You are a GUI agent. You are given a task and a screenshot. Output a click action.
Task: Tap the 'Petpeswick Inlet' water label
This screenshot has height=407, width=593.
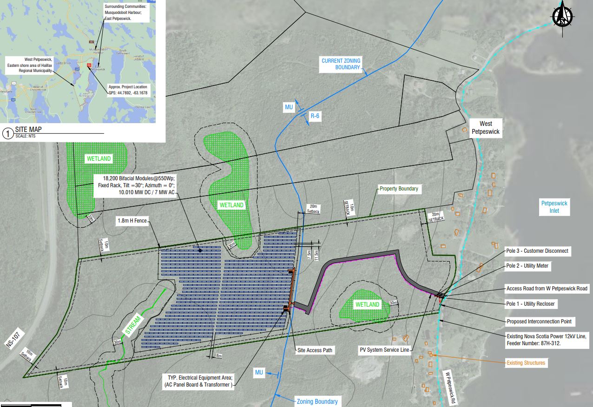(554, 207)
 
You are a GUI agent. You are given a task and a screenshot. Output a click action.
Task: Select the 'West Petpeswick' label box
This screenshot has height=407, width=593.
(486, 128)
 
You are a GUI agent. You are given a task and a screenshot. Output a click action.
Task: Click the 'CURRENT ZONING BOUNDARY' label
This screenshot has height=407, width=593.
(341, 64)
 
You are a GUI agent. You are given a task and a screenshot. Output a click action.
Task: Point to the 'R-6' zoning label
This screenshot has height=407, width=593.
(315, 116)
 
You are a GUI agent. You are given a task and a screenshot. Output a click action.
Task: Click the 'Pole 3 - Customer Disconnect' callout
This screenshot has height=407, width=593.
(537, 251)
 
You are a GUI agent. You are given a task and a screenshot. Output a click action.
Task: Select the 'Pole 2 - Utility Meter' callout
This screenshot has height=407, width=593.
(527, 266)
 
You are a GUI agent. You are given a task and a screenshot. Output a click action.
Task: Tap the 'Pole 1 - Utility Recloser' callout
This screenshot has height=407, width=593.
(530, 304)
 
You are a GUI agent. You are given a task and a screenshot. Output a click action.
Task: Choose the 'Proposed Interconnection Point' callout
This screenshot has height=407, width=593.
(539, 321)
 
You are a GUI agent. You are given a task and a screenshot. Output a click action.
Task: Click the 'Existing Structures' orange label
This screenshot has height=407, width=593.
(526, 362)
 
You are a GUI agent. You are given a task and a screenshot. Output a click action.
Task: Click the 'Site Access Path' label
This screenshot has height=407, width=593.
(315, 350)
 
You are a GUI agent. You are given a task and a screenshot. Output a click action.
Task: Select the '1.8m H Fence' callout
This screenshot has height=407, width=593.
(132, 222)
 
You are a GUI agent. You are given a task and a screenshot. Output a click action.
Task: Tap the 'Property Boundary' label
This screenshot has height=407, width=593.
(398, 189)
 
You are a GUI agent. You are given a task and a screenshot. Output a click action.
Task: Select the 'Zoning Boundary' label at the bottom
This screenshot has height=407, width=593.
(317, 401)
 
